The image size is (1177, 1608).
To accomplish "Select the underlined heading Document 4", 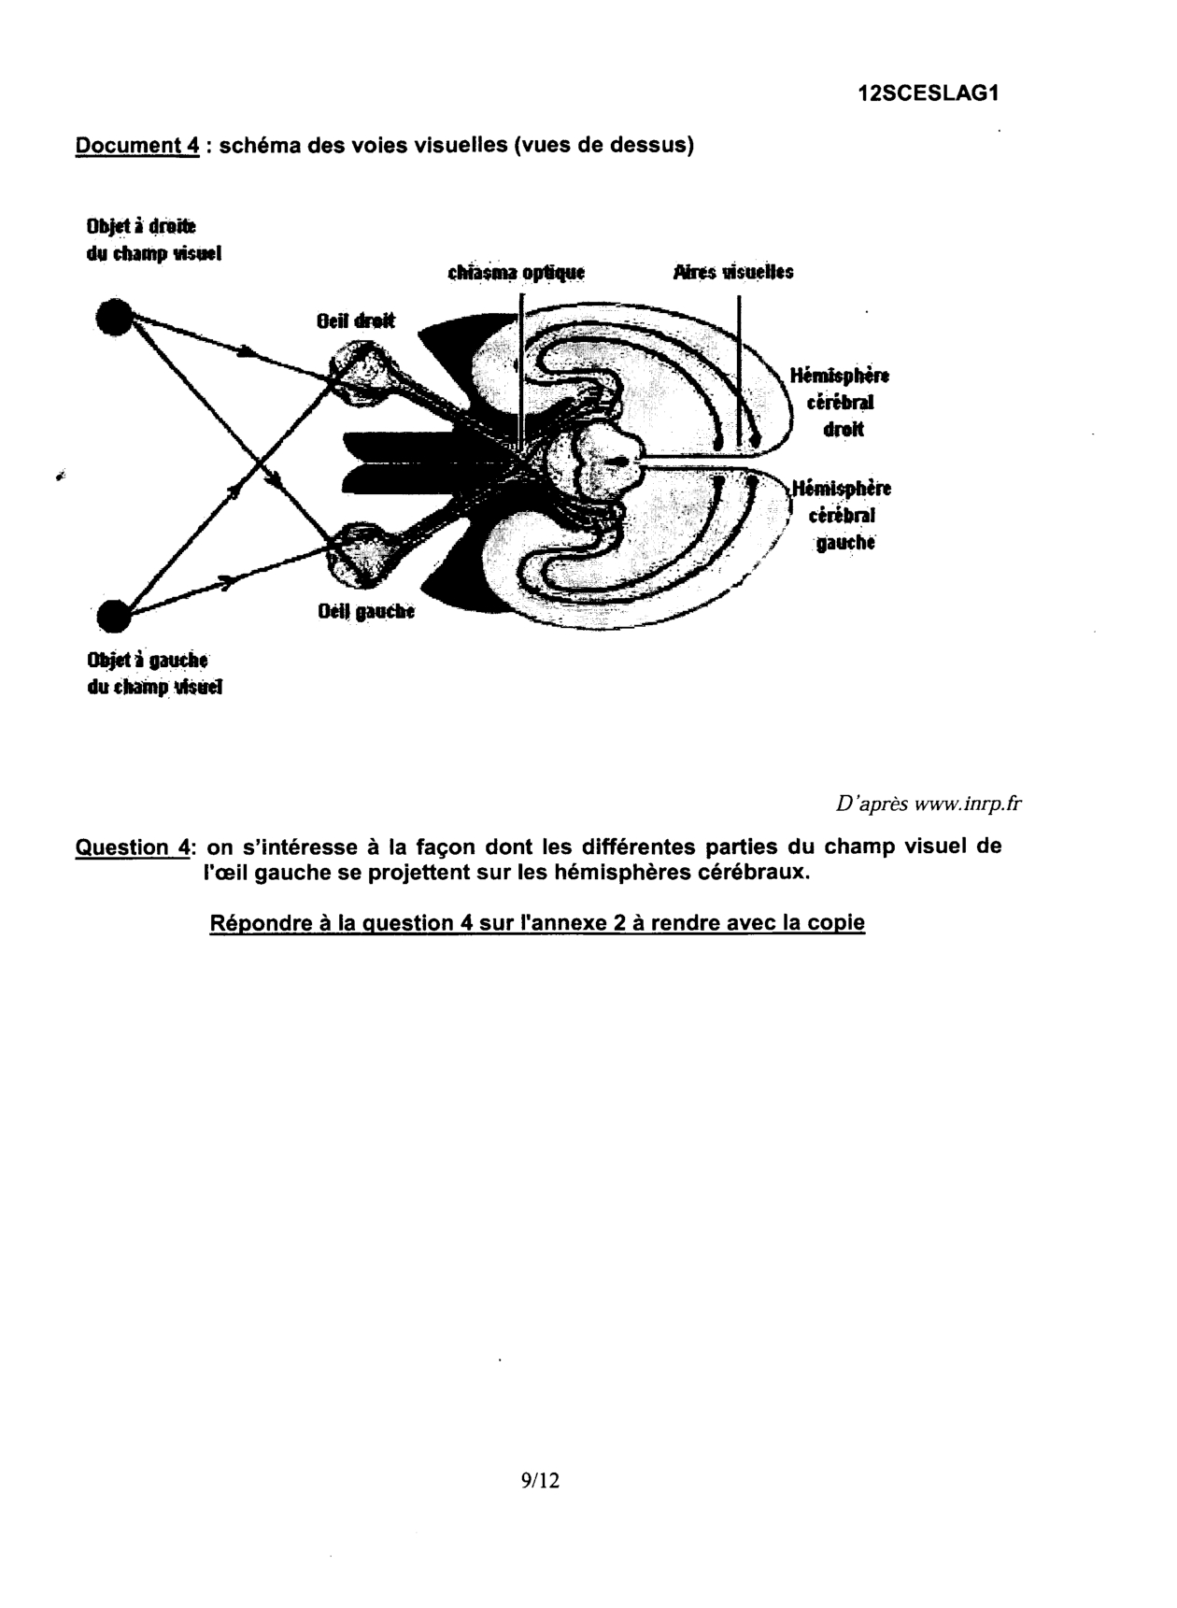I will coord(136,146).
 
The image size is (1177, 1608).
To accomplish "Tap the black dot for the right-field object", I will coord(115,316).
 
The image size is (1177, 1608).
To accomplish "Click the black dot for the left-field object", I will coord(115,616).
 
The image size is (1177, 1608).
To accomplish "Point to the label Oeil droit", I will coord(355,320).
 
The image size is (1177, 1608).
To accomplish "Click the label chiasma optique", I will coord(515,273).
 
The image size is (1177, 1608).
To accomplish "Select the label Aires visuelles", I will coord(732,273).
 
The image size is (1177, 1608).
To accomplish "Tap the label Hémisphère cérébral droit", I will coord(840,403).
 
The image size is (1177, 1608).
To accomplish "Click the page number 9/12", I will coord(541,1480).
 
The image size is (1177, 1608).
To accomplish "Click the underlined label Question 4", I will coord(134,847).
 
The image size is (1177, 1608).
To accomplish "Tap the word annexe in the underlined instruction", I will coord(556,923).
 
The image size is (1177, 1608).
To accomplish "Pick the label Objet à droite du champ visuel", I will coord(153,239).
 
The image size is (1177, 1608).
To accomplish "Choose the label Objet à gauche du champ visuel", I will coord(154,674).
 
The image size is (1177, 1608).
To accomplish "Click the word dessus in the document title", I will coord(653,146).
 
